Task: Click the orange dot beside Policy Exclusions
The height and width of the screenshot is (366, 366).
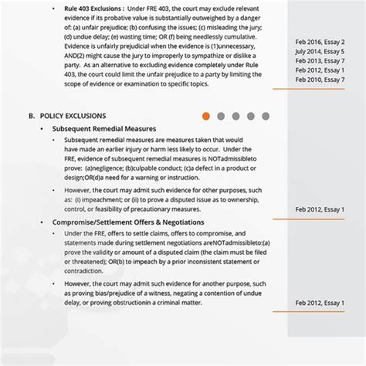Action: [x=206, y=117]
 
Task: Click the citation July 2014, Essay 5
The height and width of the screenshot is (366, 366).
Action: [x=320, y=50]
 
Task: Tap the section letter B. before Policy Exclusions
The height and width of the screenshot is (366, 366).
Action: [x=32, y=117]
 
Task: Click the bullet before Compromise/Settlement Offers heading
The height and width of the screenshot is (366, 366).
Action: [x=41, y=222]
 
